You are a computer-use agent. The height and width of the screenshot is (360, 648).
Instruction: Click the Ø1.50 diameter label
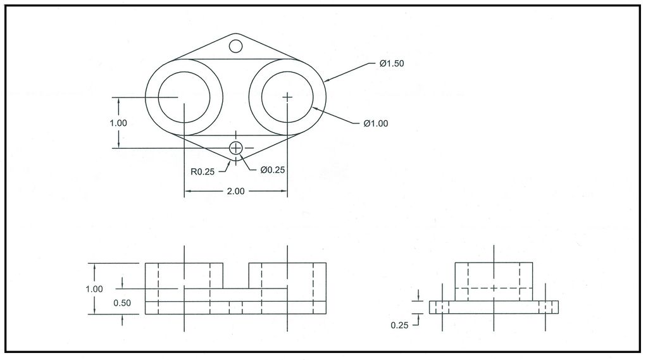point(391,63)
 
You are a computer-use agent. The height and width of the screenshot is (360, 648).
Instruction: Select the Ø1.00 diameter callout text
point(375,123)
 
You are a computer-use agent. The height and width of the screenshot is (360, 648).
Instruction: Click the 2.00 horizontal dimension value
point(235,192)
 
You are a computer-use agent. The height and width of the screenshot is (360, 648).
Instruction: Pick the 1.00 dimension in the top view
point(118,123)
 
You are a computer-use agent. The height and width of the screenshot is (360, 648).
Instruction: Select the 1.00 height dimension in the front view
point(94,289)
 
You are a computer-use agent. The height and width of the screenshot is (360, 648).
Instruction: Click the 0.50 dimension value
point(122,303)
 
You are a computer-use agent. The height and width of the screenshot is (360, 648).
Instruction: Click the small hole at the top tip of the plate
point(235,46)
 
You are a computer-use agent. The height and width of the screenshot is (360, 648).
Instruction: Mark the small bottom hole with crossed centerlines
point(236,148)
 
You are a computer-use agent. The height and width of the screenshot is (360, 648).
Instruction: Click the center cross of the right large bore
point(288,97)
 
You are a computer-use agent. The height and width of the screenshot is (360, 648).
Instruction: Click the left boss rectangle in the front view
point(184,275)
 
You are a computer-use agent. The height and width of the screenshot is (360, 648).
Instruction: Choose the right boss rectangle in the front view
point(288,275)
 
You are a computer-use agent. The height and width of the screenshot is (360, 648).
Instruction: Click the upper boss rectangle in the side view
point(494,281)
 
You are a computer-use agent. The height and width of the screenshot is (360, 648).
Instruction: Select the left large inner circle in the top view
point(184,97)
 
